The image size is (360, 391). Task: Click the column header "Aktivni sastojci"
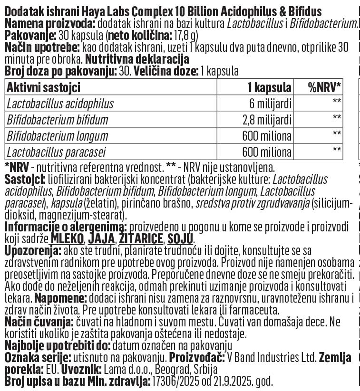(43, 87)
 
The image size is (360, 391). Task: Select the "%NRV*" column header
(325, 87)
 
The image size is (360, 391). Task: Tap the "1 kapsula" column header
(269, 87)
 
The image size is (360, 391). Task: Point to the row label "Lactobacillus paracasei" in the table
(56, 152)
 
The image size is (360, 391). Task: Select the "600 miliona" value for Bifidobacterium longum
(266, 136)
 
